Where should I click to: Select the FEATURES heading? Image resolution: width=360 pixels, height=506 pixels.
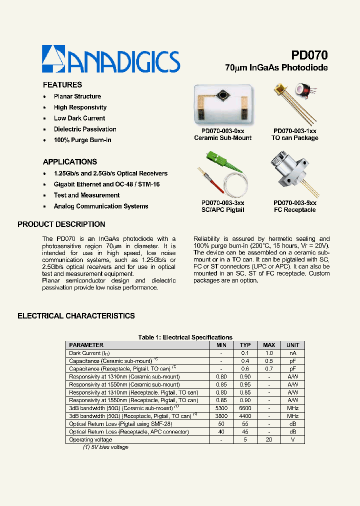point(62,85)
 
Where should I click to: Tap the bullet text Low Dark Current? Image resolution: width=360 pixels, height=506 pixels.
point(79,118)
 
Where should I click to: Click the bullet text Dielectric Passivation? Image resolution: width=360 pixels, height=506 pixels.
point(85,129)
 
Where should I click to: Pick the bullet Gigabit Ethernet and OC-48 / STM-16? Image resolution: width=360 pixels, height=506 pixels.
point(106,184)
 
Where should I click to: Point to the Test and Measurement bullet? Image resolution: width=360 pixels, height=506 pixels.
point(86,195)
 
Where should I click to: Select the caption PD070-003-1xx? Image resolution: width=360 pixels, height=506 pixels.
point(294,131)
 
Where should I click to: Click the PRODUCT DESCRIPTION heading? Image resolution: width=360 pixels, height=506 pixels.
point(61,224)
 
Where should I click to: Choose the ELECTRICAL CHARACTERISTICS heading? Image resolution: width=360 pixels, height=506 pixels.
point(76,316)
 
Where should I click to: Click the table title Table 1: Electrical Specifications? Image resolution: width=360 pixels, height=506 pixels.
point(185,337)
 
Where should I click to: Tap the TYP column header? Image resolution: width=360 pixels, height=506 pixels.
point(245,345)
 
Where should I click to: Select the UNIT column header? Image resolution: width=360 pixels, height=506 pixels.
point(293,345)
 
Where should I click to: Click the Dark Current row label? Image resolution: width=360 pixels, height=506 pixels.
point(89,353)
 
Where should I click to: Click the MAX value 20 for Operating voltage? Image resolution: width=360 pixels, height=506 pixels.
point(269,440)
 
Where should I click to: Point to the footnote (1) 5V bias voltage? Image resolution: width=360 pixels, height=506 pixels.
point(105,447)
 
